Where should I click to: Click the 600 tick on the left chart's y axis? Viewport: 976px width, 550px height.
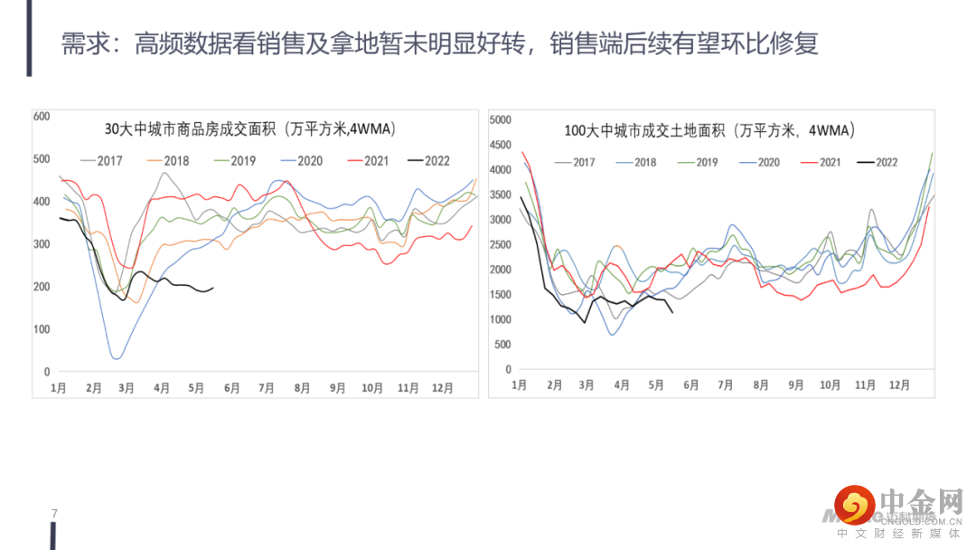pos(41,116)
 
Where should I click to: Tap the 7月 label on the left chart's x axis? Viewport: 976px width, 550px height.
pos(266,387)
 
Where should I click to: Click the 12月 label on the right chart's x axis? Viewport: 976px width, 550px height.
pos(899,384)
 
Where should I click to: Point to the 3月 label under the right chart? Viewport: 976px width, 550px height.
pos(587,384)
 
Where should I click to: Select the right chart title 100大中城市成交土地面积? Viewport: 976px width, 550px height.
pos(709,130)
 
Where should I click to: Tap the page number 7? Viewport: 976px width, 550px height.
pos(54,514)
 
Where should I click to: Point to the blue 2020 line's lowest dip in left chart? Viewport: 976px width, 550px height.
pos(117,358)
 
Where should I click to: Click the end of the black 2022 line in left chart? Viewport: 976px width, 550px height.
pos(213,289)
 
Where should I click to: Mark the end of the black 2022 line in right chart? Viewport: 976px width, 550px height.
pos(672,313)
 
